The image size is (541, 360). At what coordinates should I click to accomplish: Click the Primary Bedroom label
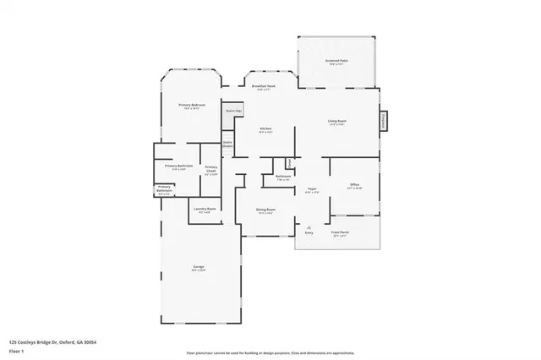coord(192,106)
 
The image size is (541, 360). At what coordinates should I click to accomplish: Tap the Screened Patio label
coord(338,63)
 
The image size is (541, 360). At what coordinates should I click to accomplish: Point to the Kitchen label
coord(265,129)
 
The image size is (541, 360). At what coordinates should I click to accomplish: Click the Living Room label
coord(337,122)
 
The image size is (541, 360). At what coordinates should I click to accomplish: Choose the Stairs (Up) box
coord(232,112)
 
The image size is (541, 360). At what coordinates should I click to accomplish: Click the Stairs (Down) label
coord(227,144)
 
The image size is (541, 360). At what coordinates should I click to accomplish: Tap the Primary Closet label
coord(211,169)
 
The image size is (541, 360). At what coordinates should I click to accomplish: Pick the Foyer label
coord(311,189)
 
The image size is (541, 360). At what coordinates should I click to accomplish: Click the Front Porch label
coord(340,232)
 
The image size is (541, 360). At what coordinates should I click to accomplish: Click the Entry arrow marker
coord(309,228)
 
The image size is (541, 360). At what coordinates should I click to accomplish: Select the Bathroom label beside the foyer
coord(283,177)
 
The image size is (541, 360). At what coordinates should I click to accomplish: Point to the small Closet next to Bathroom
coord(289,161)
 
